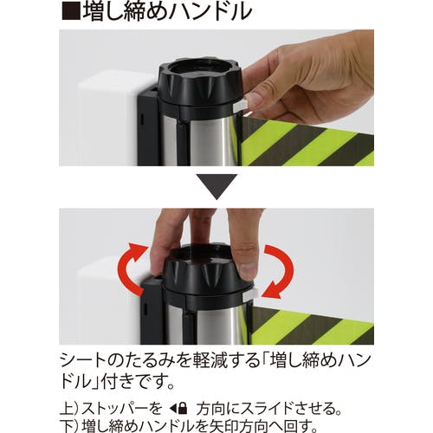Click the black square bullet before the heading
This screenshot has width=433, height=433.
(71, 10)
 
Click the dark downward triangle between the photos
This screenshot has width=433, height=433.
(216, 184)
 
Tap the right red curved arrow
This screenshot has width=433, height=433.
(278, 271)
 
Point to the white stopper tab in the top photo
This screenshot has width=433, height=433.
(240, 106)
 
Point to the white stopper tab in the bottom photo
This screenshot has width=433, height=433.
(250, 295)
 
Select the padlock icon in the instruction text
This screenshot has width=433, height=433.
(183, 409)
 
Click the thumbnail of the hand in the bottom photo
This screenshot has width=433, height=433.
(248, 270)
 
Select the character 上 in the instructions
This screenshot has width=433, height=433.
(67, 409)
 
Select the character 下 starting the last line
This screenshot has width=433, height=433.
(67, 426)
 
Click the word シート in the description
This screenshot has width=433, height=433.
(87, 361)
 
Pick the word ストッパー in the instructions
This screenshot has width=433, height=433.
(115, 409)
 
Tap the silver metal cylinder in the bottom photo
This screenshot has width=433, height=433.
(210, 323)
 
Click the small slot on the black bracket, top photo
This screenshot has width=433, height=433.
(142, 120)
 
